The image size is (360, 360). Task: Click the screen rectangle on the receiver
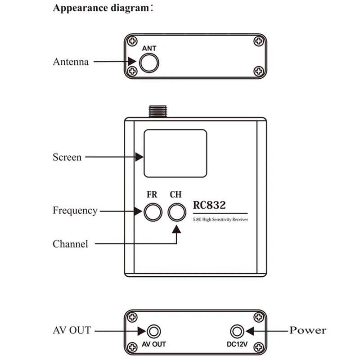[x=175, y=153]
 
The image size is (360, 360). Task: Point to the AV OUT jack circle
[x=154, y=331]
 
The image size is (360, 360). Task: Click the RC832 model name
[x=209, y=205]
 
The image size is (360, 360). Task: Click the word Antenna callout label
[x=71, y=62]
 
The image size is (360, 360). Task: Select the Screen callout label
[x=67, y=157]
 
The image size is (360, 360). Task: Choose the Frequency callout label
[x=75, y=210]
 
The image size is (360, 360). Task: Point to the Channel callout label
[x=70, y=244]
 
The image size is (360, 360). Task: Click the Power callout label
[x=307, y=331]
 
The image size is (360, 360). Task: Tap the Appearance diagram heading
[x=102, y=9]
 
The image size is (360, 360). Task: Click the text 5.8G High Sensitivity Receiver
[x=220, y=219]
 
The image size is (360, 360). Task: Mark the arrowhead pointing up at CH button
[x=177, y=229]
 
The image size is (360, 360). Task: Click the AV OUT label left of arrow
[x=72, y=330]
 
